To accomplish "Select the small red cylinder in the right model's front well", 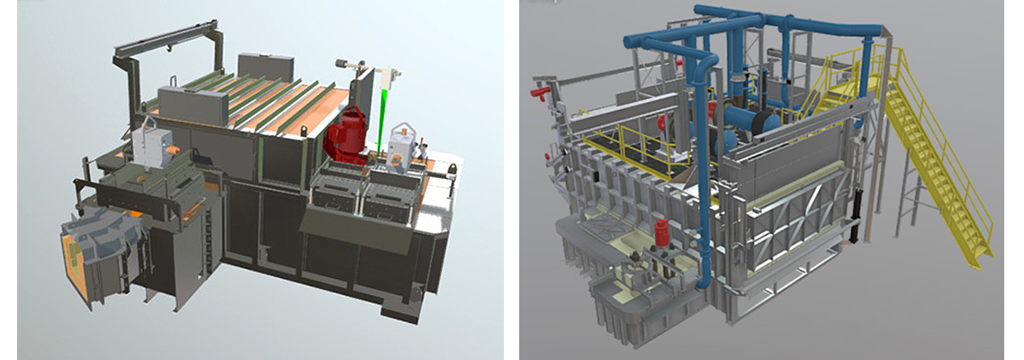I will coord(660,233).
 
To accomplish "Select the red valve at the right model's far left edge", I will coord(541,91).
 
